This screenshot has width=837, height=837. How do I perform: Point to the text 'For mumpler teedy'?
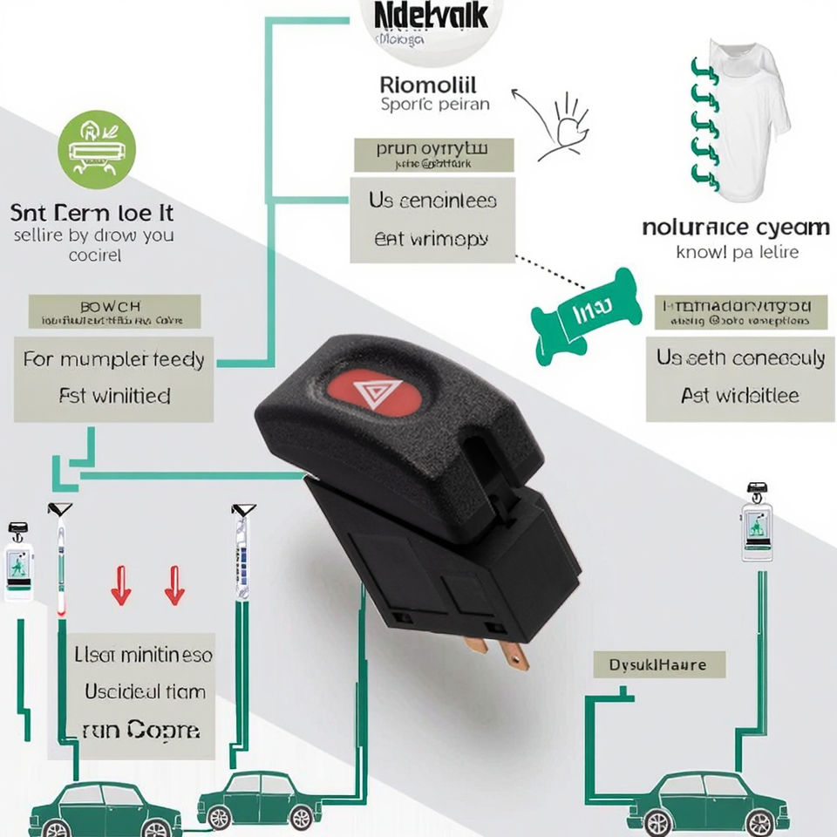(x=114, y=359)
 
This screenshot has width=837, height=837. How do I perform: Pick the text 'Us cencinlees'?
(x=432, y=201)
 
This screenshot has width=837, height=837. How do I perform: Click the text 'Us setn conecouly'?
(x=740, y=358)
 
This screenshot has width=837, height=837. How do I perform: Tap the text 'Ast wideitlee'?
(x=740, y=396)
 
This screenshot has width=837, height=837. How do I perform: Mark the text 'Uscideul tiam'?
(x=145, y=691)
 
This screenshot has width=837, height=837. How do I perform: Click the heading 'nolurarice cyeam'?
(x=736, y=228)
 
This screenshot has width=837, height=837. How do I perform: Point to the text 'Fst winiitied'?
(x=114, y=396)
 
